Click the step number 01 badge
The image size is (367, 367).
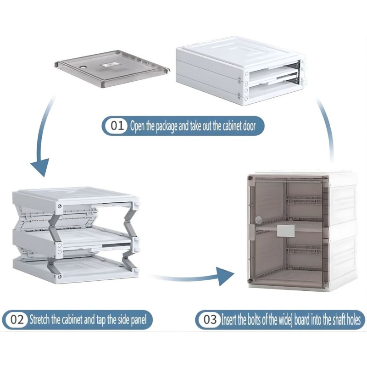(117, 126)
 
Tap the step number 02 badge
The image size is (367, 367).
(17, 320)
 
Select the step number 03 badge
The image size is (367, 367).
(210, 319)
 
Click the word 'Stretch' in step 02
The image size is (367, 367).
(40, 319)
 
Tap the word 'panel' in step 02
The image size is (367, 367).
(139, 320)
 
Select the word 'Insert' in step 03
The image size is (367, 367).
(229, 319)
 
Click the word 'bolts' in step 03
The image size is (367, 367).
(254, 319)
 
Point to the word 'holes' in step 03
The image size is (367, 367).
(353, 319)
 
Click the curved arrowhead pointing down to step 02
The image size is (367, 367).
(40, 167)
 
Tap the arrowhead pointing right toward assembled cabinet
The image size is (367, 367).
(225, 276)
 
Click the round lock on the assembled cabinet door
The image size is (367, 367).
(258, 219)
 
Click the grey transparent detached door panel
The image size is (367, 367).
(112, 69)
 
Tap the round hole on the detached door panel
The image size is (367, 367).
(83, 67)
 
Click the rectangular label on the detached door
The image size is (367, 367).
(110, 65)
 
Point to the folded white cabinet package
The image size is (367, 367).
(241, 71)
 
